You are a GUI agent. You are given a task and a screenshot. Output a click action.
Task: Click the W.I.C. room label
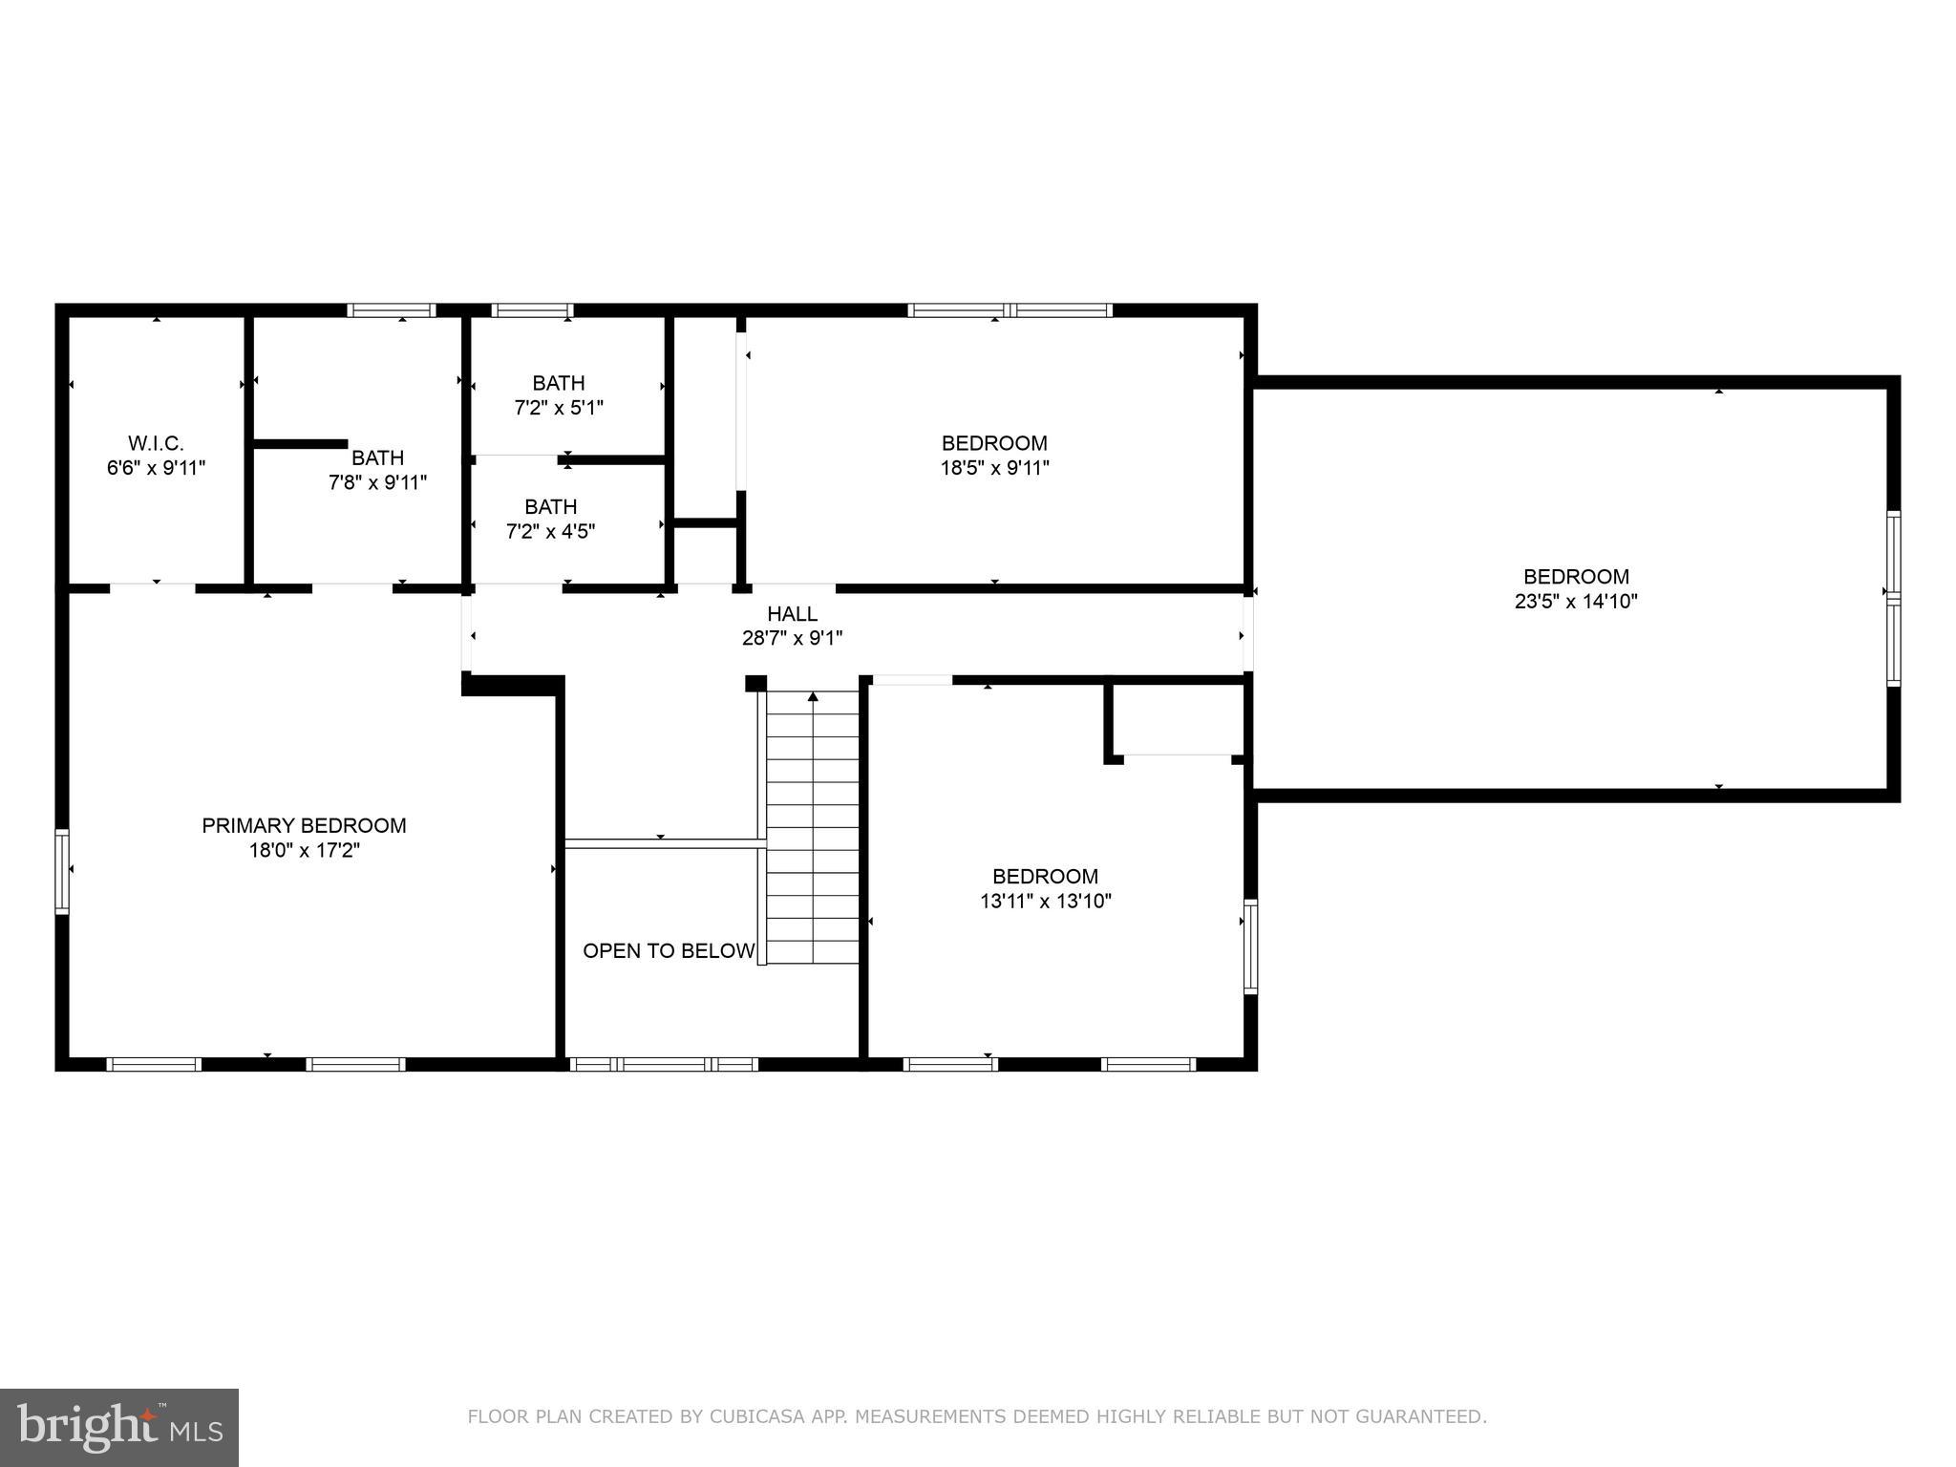[156, 443]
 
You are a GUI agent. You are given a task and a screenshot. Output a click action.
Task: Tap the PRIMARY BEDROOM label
[304, 825]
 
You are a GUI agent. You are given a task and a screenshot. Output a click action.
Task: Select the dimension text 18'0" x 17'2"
[304, 850]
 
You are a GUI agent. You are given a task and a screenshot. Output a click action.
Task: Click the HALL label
[792, 613]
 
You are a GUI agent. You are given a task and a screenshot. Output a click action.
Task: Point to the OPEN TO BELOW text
[669, 951]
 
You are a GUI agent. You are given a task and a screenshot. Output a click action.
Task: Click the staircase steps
[813, 840]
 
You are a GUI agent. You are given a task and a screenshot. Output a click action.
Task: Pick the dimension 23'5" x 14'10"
[1576, 602]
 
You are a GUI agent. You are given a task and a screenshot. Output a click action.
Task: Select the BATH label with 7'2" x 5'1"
[559, 383]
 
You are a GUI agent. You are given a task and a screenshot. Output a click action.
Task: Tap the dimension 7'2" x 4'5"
[550, 532]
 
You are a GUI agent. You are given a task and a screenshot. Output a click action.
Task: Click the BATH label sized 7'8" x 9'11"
[377, 457]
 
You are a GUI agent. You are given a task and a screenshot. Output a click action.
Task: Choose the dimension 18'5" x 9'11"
[994, 468]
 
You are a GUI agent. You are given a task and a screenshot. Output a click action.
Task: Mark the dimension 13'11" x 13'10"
[1045, 901]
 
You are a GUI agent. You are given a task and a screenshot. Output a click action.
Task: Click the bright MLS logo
[119, 1427]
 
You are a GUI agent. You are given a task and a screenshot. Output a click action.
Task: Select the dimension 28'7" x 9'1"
[792, 638]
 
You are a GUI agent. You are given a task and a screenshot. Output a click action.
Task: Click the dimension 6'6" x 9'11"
[156, 468]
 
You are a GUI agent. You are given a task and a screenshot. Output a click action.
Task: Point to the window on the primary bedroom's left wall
[62, 871]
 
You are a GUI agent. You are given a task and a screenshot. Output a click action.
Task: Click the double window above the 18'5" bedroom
[1010, 310]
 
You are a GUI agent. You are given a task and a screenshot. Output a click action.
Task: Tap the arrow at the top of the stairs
[813, 697]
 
